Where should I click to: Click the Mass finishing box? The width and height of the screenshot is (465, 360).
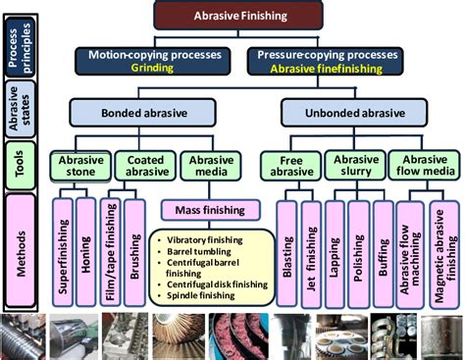[201, 209]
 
